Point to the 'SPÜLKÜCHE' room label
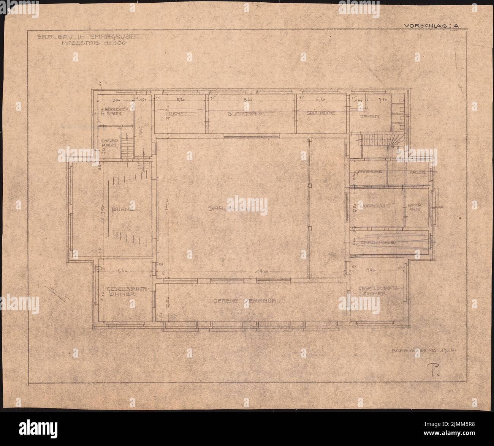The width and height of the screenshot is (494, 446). point(321,113)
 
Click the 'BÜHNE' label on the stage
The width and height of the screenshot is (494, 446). point(120,208)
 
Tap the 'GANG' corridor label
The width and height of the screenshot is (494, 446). point(140,131)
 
